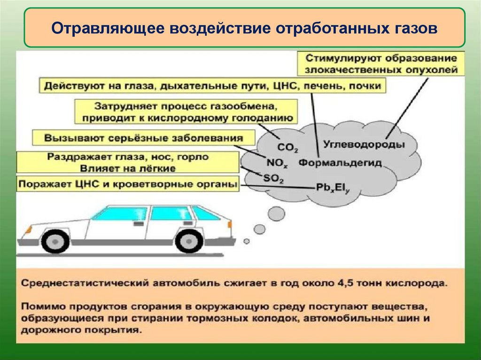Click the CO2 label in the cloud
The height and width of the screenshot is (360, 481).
click(x=287, y=148)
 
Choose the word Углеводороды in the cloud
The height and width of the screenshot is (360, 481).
click(x=364, y=145)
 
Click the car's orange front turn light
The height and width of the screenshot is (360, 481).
click(x=28, y=230)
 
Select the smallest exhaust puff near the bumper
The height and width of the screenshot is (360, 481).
click(x=246, y=241)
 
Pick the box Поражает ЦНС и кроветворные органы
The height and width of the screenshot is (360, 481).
click(x=127, y=184)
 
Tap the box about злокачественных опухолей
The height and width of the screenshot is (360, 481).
click(x=381, y=64)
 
